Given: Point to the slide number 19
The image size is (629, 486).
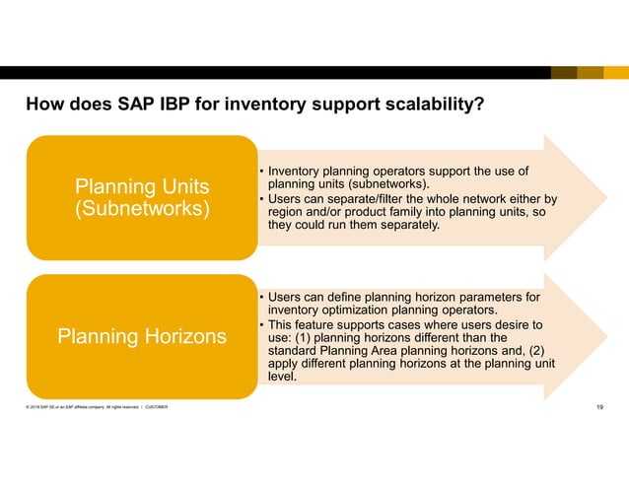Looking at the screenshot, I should [600, 409].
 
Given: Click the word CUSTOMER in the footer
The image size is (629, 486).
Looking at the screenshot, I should [152, 409].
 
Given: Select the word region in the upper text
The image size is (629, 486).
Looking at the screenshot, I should [286, 211].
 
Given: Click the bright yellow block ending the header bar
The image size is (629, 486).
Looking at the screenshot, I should [616, 73].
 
